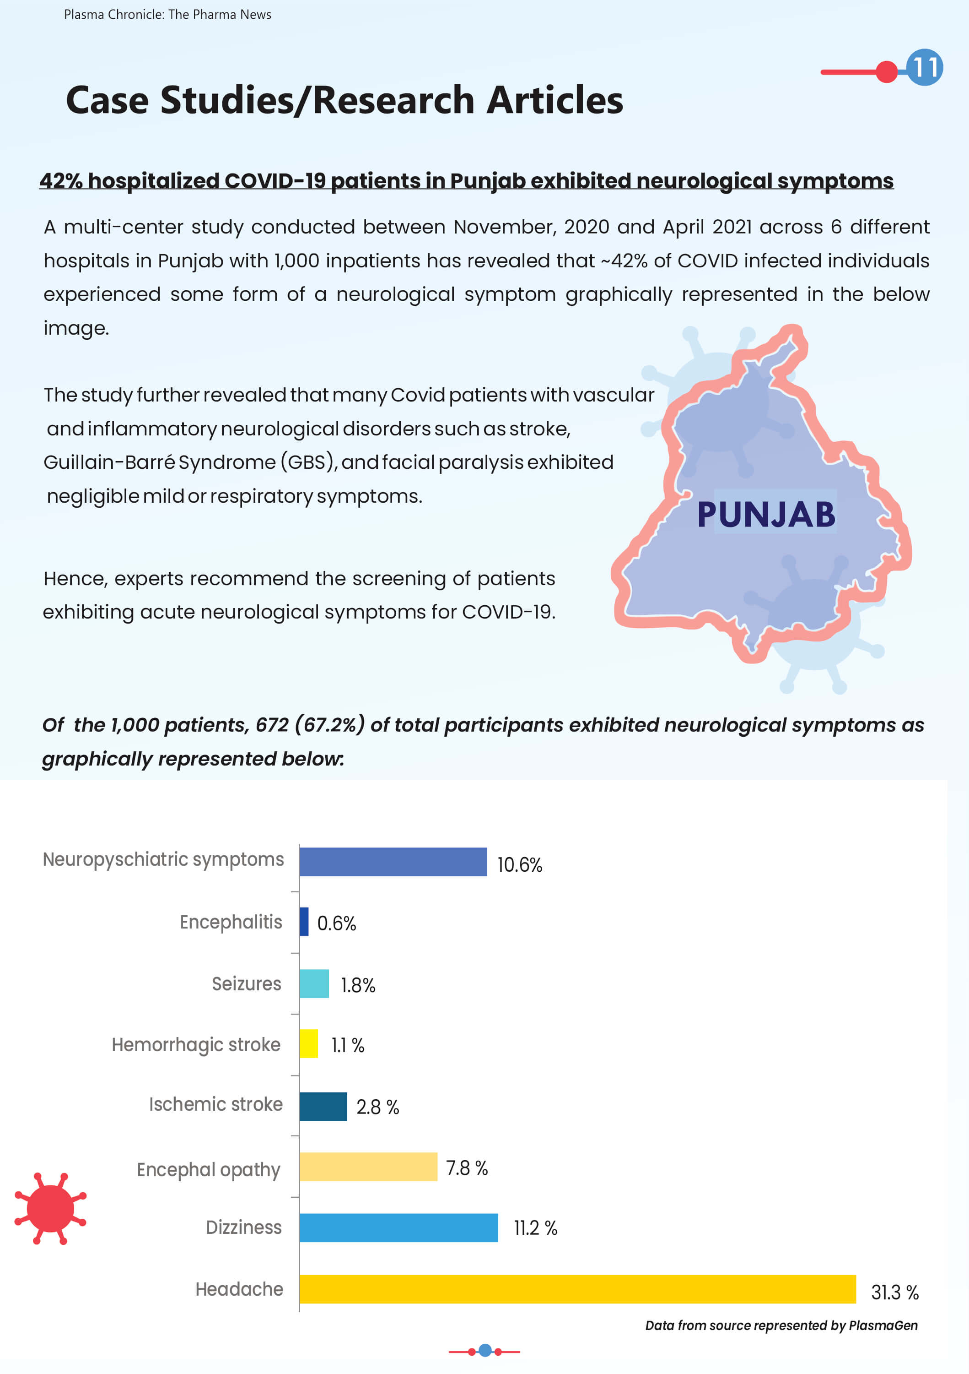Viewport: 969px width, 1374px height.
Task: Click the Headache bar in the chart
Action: [577, 1288]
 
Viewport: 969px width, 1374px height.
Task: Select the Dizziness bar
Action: [398, 1227]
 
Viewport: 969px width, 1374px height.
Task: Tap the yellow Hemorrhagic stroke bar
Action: [309, 1043]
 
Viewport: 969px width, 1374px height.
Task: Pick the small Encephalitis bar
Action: [304, 921]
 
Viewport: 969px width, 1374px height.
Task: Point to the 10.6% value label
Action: [519, 865]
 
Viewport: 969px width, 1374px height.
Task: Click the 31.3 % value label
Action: [894, 1293]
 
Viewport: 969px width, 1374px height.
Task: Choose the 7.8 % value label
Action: [467, 1168]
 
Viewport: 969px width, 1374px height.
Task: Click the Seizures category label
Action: [247, 984]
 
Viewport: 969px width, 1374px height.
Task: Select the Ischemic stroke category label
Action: [215, 1104]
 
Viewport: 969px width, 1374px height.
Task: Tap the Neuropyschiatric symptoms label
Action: [163, 859]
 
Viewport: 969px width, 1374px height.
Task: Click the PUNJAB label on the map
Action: [766, 514]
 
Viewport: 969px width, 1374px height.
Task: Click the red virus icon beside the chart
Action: [50, 1208]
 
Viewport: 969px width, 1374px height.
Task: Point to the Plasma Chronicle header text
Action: [167, 14]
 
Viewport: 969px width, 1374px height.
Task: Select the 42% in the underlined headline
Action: [61, 181]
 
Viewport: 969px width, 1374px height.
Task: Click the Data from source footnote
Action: [781, 1325]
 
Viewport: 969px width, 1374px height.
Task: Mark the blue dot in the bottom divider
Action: [485, 1350]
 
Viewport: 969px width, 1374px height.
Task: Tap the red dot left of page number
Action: [887, 72]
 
